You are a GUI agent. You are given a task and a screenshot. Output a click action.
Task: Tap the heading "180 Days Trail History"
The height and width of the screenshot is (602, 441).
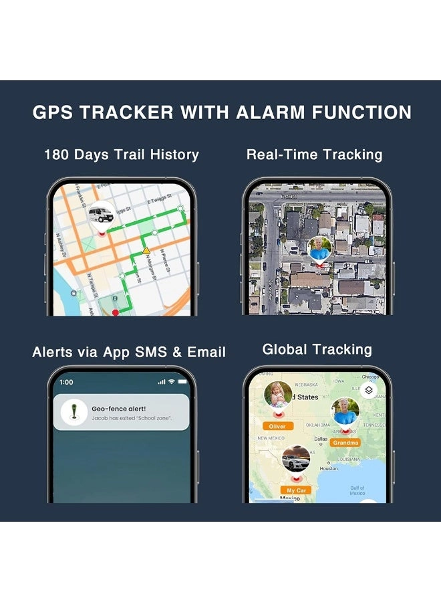tap(122, 155)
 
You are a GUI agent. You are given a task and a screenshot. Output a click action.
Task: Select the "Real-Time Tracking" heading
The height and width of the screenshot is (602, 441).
tap(314, 155)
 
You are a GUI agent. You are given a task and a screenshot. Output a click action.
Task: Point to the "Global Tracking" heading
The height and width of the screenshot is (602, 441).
tap(317, 349)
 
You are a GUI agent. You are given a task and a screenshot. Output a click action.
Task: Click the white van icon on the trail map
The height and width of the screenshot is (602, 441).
tap(101, 214)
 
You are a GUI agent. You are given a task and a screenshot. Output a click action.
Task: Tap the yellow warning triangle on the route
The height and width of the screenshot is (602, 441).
tap(146, 251)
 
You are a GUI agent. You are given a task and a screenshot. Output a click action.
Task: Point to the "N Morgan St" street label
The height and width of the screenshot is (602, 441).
tap(162, 262)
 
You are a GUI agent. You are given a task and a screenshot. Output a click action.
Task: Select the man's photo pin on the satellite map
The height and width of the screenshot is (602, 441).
tap(319, 249)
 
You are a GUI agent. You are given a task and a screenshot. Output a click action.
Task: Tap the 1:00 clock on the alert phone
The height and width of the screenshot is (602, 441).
tap(66, 382)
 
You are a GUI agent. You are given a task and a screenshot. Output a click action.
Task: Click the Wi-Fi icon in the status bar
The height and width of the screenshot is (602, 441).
tap(172, 382)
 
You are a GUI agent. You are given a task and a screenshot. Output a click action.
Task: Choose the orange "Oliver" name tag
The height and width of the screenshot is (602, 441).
tap(277, 426)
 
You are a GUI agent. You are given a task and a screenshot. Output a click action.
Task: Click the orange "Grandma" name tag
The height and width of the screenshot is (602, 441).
tap(345, 443)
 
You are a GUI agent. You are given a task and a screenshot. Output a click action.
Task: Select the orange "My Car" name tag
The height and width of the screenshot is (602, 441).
tap(296, 490)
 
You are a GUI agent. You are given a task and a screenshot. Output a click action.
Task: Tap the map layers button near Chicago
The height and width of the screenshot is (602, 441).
tap(367, 391)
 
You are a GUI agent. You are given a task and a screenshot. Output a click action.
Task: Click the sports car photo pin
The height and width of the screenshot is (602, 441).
tap(295, 460)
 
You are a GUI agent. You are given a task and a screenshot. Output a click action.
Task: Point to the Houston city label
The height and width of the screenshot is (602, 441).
tap(328, 469)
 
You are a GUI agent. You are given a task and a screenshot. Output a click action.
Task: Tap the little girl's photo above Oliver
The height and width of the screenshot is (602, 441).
tap(277, 395)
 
